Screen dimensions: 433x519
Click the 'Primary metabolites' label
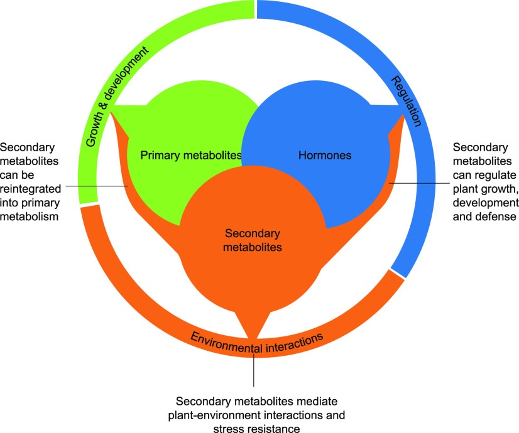(191, 155)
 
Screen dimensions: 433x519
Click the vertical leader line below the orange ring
(253, 370)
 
